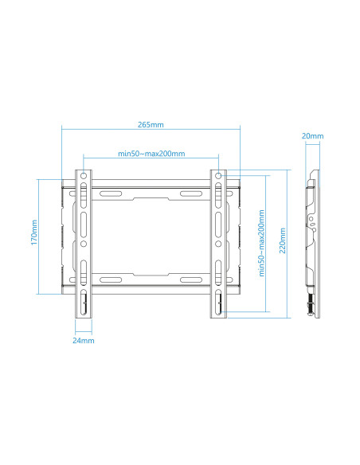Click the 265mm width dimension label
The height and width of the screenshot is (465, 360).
pyautogui.click(x=151, y=124)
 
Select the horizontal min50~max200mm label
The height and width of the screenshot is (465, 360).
pyautogui.click(x=151, y=153)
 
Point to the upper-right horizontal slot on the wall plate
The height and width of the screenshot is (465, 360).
pyautogui.click(x=191, y=193)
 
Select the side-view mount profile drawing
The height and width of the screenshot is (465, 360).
pyautogui.click(x=315, y=239)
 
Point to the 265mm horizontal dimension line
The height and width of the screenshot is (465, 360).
pyautogui.click(x=151, y=131)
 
